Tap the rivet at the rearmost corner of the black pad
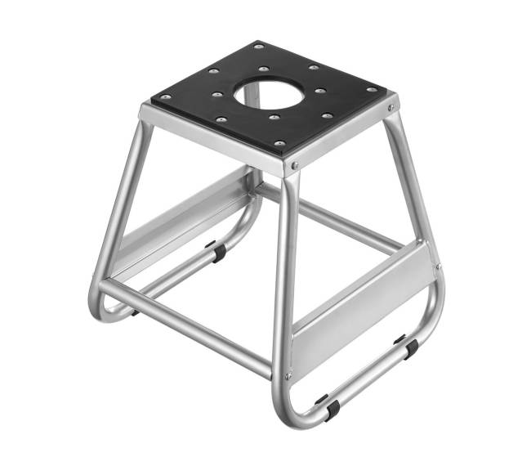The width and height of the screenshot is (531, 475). point(258,47)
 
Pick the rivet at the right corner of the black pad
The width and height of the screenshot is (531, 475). point(373,89)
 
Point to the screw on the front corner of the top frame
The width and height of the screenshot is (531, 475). point(295,166)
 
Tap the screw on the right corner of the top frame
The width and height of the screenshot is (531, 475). point(393,106)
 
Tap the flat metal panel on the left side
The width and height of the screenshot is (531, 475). point(184,221)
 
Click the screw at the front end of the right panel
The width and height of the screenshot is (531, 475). point(288,375)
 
